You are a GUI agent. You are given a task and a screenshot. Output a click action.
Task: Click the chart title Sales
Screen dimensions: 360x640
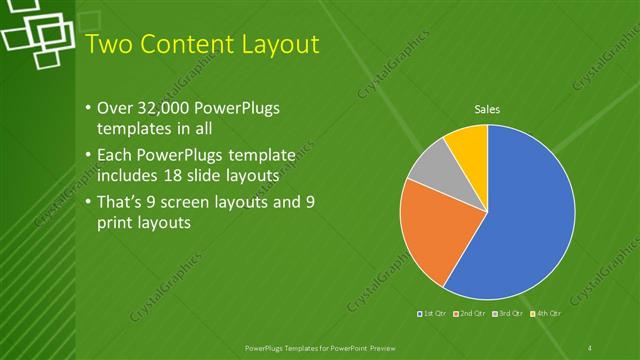tap(487, 109)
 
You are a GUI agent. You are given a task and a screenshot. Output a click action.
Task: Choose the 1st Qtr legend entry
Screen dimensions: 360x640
tap(431, 314)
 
